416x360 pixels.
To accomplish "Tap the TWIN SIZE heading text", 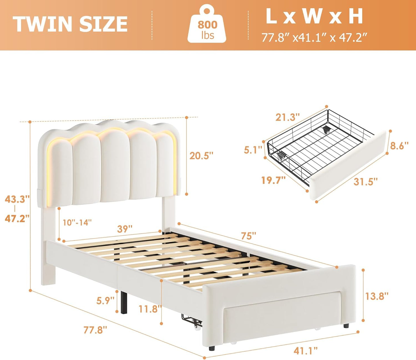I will click(x=70, y=24).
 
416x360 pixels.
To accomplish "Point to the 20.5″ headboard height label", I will click(x=201, y=156).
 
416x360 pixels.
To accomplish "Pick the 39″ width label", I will click(x=125, y=229).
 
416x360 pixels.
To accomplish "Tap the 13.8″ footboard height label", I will click(x=377, y=296).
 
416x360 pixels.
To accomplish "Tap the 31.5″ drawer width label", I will click(x=365, y=181).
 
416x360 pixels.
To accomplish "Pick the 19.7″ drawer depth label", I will click(x=273, y=180).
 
